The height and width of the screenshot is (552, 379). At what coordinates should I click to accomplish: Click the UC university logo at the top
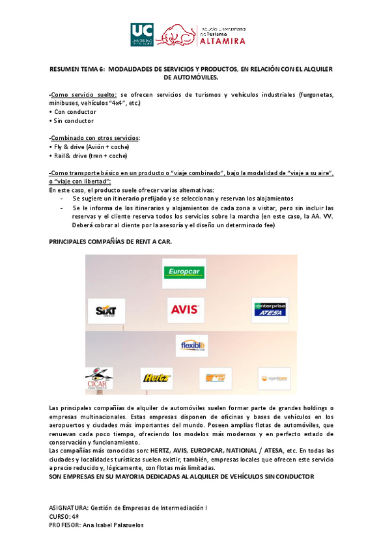tap(142, 34)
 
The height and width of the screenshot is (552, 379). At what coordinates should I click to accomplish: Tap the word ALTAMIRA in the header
tap(223, 41)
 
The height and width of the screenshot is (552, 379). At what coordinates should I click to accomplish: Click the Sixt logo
tap(105, 310)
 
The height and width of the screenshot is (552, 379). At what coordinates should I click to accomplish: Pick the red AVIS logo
tap(186, 310)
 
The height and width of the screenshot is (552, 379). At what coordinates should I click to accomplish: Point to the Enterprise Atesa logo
tap(269, 310)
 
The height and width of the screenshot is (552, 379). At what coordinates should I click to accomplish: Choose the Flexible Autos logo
tap(192, 345)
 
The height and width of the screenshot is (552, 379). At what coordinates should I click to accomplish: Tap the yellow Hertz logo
tap(156, 378)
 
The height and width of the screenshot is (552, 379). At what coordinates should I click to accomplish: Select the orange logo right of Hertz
tap(214, 378)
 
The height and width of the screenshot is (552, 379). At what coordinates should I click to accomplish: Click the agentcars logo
tap(274, 378)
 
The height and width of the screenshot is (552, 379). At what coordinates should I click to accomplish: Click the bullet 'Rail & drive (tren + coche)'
tap(91, 156)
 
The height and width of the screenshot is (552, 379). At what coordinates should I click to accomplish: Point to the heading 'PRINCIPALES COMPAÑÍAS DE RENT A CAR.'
tap(111, 241)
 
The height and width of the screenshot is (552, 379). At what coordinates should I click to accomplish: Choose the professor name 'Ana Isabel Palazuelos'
tap(113, 525)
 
